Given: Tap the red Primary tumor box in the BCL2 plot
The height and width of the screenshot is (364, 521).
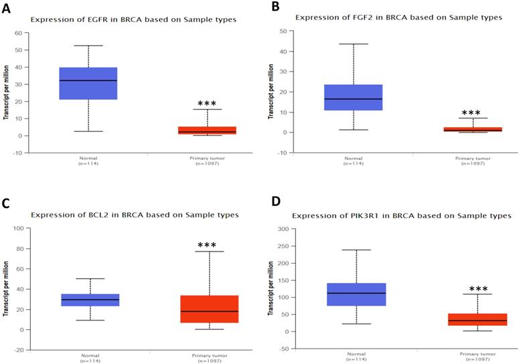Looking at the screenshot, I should click(214, 309).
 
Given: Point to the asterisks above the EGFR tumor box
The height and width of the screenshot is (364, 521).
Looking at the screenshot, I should click(207, 104).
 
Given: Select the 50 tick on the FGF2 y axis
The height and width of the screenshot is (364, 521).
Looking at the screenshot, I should click(283, 31).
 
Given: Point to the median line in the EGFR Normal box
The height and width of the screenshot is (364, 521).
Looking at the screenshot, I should click(98, 80).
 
